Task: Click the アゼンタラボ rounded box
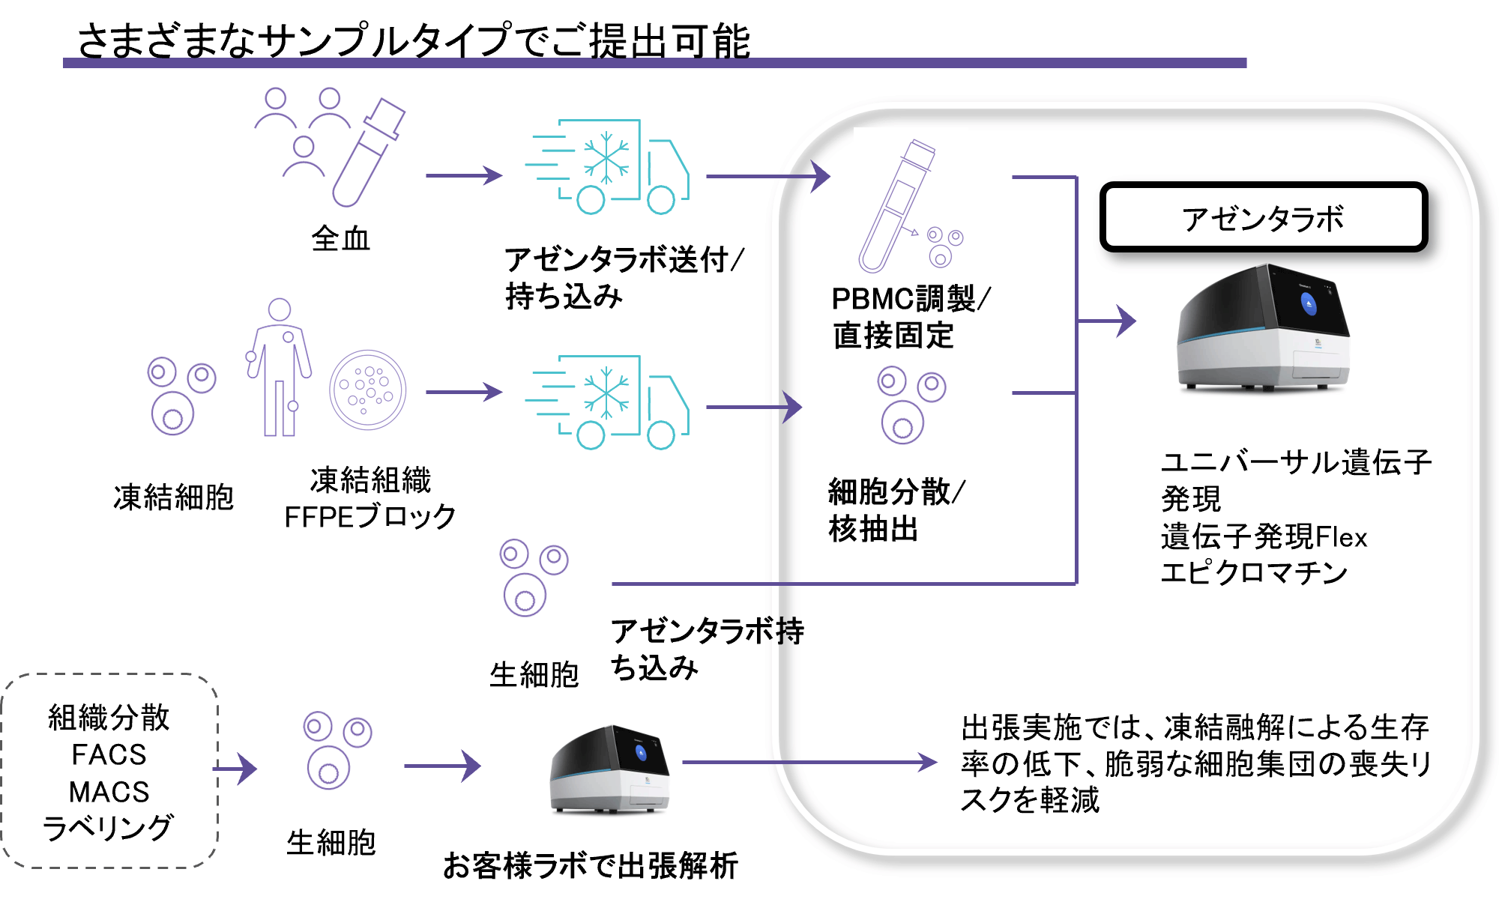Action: pyautogui.click(x=1264, y=217)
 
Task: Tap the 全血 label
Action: pyautogui.click(x=341, y=239)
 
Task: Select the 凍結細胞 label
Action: pyautogui.click(x=174, y=497)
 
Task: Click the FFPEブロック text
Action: pyautogui.click(x=370, y=517)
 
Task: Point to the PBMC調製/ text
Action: pyautogui.click(x=911, y=299)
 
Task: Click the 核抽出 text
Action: pyautogui.click(x=874, y=529)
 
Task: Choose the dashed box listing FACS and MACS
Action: pyautogui.click(x=109, y=771)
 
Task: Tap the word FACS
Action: pyautogui.click(x=109, y=754)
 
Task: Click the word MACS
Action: pyautogui.click(x=109, y=792)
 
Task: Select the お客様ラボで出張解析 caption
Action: pyautogui.click(x=591, y=866)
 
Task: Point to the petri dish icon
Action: pyautogui.click(x=367, y=390)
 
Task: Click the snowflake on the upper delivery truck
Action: pyautogui.click(x=606, y=158)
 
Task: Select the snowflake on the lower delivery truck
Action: pyautogui.click(x=606, y=393)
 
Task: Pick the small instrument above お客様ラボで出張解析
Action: pyautogui.click(x=609, y=769)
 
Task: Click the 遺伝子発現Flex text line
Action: pyautogui.click(x=1264, y=537)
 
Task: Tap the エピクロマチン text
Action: pyautogui.click(x=1254, y=573)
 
